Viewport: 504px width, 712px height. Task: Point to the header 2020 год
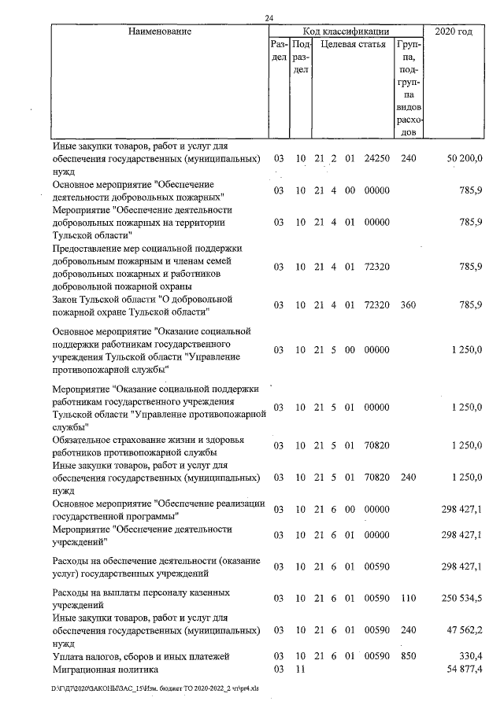[x=454, y=31]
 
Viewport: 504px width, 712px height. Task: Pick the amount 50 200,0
[x=464, y=159]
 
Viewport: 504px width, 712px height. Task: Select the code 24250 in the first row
[x=377, y=159]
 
